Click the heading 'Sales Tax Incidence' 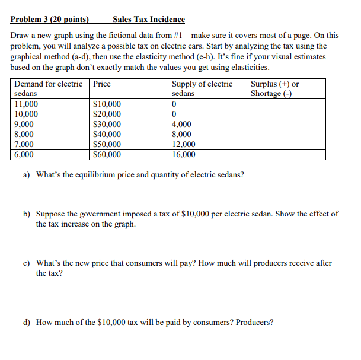click(148, 20)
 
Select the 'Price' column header click(102, 84)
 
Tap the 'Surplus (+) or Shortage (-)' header click(275, 89)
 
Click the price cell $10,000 click(107, 104)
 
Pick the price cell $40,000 click(107, 135)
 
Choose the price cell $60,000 click(107, 155)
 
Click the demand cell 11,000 click(26, 104)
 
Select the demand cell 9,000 click(24, 125)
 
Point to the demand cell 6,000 click(24, 155)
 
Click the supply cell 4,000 click(181, 125)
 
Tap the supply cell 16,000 click(183, 155)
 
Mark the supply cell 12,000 click(183, 145)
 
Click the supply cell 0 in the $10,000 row click(174, 104)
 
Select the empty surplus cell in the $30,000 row click(286, 125)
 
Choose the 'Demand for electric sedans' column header click(49, 89)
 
